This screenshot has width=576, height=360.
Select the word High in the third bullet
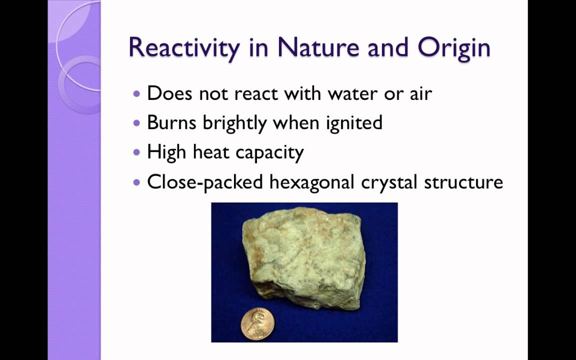(167, 152)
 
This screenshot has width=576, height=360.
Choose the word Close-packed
(205, 182)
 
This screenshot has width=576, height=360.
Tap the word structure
(463, 182)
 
